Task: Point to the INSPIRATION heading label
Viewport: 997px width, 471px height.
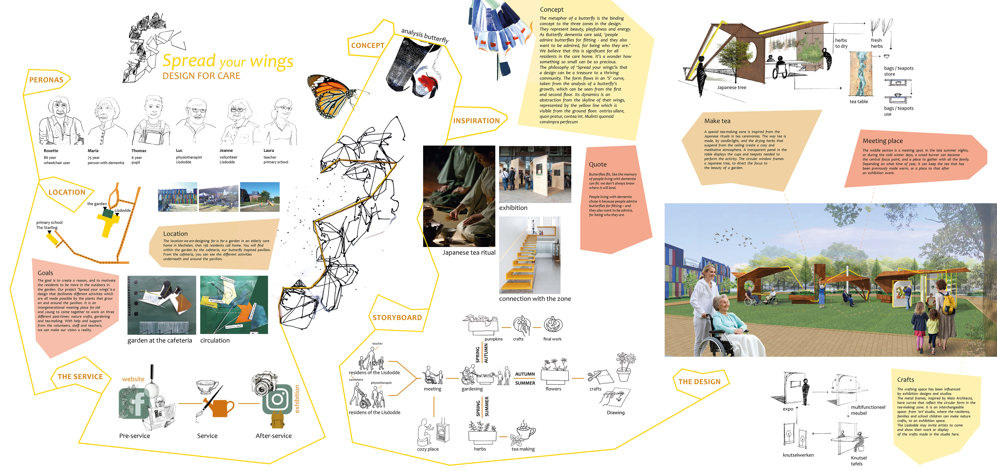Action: pos(476,121)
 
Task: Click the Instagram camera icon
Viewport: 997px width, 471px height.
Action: pos(277,399)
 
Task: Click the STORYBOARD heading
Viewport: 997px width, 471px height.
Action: pos(397,318)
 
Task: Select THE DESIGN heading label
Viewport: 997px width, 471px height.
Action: pos(699,382)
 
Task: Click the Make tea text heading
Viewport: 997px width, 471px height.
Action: pos(717,121)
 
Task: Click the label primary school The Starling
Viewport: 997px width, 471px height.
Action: pos(49,225)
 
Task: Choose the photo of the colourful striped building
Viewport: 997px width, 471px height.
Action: pos(178,197)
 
